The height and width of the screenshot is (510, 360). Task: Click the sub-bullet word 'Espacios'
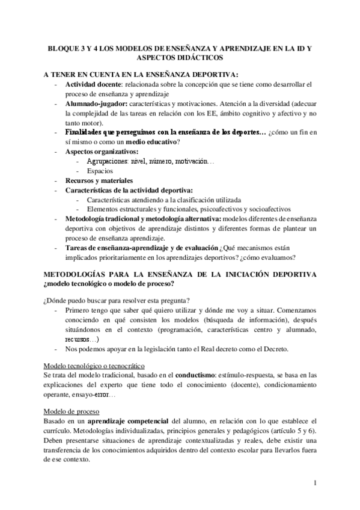click(x=100, y=171)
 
